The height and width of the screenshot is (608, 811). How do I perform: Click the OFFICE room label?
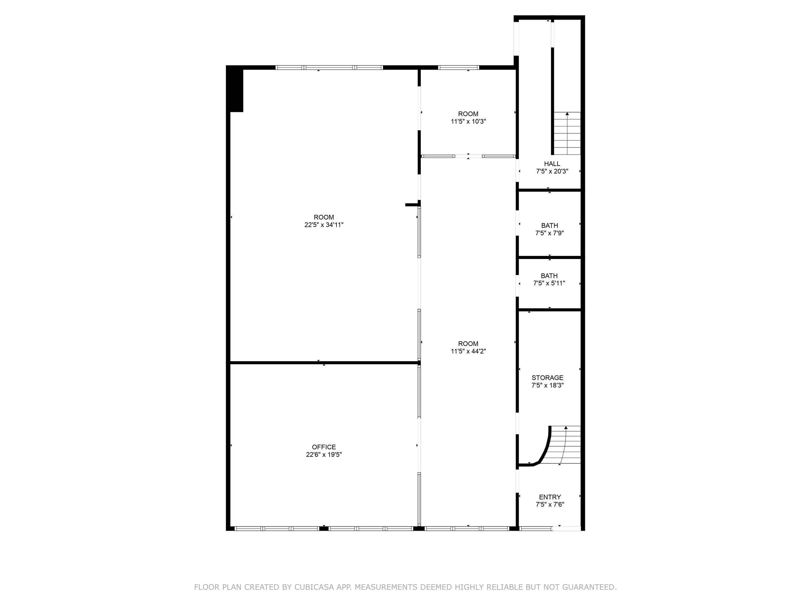click(324, 447)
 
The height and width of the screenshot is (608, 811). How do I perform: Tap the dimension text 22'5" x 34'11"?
click(324, 225)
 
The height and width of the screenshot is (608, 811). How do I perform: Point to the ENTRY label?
click(550, 497)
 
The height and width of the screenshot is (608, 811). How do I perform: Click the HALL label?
click(552, 164)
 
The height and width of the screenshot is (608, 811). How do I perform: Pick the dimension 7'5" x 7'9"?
click(550, 233)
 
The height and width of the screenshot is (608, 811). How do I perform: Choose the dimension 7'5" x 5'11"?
click(549, 283)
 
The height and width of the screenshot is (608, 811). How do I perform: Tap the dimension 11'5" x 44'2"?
click(468, 351)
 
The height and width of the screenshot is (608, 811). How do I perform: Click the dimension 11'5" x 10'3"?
click(468, 122)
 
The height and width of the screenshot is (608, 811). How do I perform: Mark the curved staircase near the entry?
click(561, 445)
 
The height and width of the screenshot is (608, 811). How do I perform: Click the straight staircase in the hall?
click(567, 133)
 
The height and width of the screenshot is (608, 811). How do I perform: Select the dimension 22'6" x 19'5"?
click(324, 455)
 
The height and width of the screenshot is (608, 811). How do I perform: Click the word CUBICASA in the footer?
click(314, 587)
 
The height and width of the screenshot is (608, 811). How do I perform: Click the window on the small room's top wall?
click(458, 67)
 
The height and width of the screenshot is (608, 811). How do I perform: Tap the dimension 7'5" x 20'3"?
click(552, 171)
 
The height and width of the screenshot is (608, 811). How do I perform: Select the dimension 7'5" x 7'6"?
click(550, 505)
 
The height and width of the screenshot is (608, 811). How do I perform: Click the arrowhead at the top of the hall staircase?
click(567, 114)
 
